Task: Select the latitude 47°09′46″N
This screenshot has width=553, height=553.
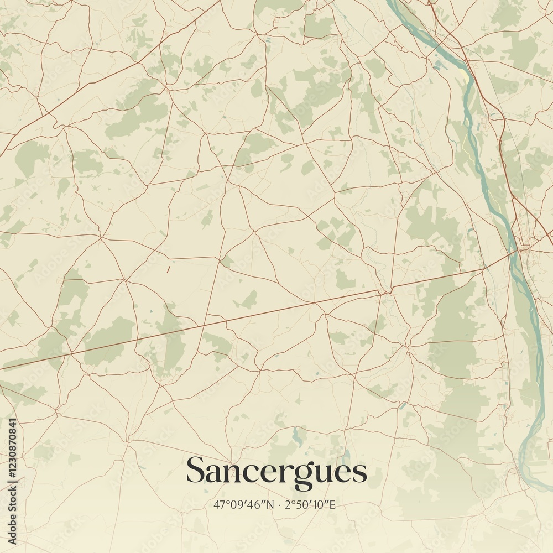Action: [242, 505]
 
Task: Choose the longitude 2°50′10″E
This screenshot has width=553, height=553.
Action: [310, 505]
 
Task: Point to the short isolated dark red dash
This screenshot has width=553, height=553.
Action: [168, 270]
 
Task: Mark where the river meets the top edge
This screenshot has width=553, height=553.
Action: [390, 2]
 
